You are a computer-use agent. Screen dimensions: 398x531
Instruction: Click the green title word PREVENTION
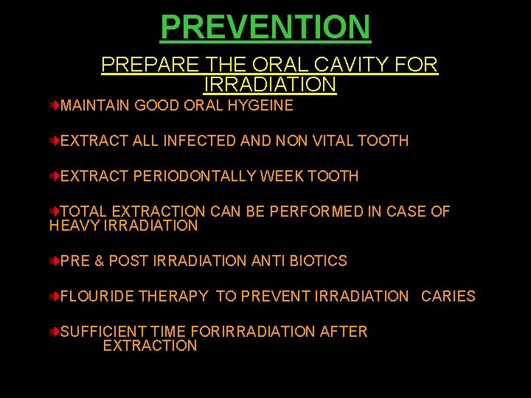(x=265, y=27)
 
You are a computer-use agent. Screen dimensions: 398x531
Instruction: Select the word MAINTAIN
(x=95, y=105)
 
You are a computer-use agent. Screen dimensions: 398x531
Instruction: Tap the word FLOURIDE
(x=97, y=296)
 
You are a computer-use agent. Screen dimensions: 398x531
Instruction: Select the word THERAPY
(x=173, y=296)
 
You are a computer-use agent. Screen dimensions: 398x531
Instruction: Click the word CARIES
(x=448, y=296)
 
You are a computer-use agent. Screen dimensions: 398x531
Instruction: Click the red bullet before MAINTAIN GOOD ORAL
(x=55, y=106)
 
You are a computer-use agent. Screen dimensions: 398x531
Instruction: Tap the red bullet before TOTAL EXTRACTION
(x=55, y=212)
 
